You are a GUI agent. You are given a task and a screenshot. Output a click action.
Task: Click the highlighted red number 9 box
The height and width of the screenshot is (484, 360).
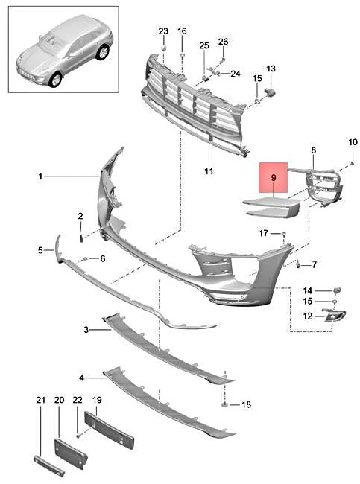[x=274, y=177]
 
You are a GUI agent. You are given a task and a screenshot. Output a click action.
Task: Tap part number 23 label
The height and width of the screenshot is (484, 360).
[x=163, y=31]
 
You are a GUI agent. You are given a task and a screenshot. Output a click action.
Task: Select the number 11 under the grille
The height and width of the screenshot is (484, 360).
[x=209, y=171]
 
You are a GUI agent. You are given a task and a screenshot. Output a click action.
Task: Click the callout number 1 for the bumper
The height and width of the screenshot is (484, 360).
[x=40, y=176]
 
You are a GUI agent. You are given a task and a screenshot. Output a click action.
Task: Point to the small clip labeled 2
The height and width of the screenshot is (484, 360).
[x=81, y=238]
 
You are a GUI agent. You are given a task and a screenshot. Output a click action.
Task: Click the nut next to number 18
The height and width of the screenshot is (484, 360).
[x=224, y=404]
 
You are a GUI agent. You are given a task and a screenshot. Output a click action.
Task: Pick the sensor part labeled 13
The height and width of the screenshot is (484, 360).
[x=270, y=92]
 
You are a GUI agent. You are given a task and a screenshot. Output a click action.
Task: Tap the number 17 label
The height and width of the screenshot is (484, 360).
[x=263, y=233]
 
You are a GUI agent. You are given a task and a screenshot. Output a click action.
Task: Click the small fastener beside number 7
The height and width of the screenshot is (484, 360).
[x=298, y=264]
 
